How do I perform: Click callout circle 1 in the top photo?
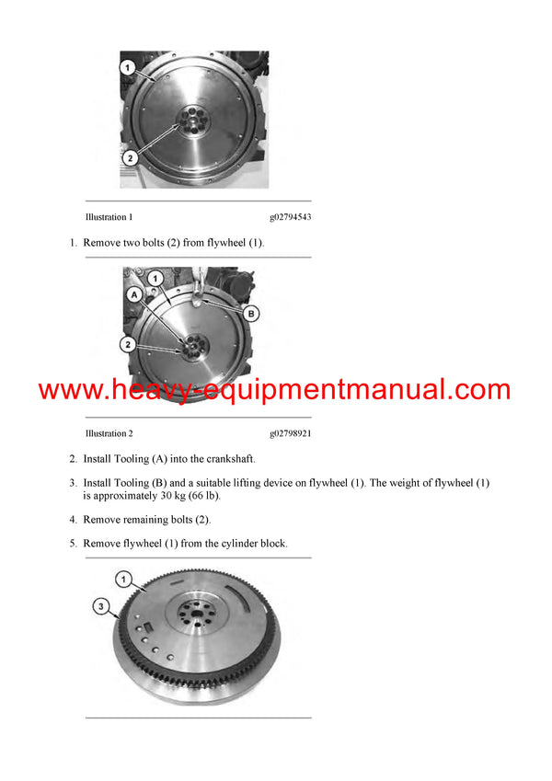pos(128,68)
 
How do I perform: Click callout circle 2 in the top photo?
pos(131,157)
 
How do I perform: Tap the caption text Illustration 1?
pos(109,217)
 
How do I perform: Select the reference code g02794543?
pos(290,217)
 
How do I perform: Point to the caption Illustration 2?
pos(109,432)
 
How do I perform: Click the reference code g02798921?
pos(290,432)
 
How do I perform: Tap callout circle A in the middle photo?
pos(134,295)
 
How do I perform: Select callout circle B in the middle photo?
pos(251,313)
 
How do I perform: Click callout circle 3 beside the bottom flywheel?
pos(103,605)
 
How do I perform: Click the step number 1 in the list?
pos(72,243)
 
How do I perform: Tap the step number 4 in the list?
pos(72,520)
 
